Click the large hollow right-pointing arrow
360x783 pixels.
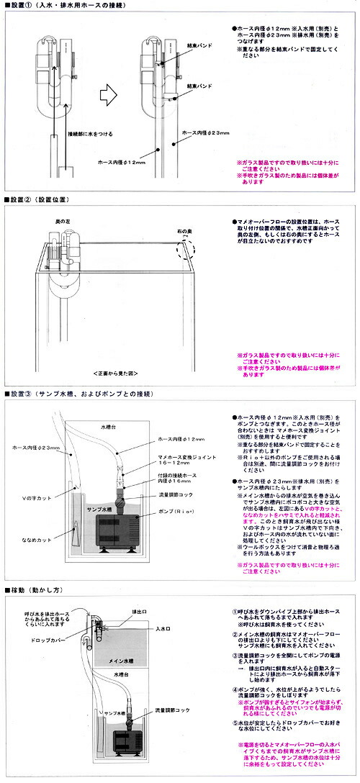[x=107, y=94]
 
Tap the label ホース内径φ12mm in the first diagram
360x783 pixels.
[x=121, y=162]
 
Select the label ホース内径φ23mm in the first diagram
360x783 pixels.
[x=205, y=132]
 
